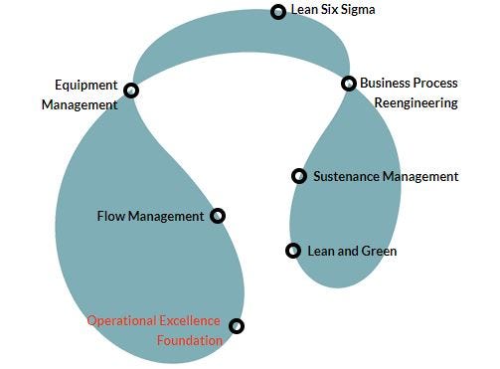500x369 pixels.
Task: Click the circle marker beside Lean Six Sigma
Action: tap(278, 12)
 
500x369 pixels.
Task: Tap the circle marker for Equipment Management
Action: tap(131, 91)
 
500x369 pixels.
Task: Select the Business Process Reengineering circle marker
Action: tap(349, 84)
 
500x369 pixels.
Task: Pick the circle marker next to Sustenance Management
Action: tap(299, 176)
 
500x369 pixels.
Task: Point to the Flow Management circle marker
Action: tap(218, 216)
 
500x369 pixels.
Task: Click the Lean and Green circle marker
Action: tap(293, 251)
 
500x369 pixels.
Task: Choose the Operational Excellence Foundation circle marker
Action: tap(237, 326)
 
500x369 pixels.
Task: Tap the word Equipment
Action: tap(86, 86)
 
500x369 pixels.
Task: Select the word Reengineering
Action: tap(417, 103)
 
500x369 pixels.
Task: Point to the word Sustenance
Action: tap(346, 176)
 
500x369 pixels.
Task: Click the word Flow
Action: tap(111, 216)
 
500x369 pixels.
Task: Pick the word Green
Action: tap(379, 251)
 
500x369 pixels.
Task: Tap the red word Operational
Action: tap(121, 321)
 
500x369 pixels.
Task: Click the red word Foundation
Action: tap(190, 340)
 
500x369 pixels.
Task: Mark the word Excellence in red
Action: tap(190, 320)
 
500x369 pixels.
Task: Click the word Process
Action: tap(435, 83)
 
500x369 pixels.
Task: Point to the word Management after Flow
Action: tap(166, 217)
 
